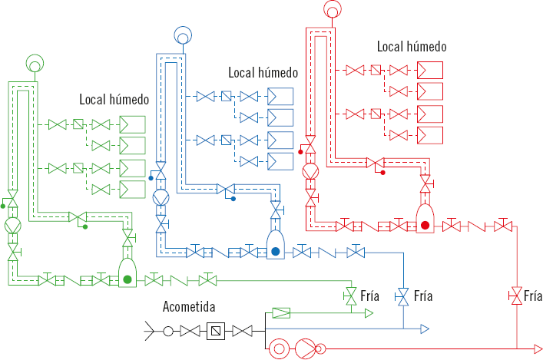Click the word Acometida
(188, 307)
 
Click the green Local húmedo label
(114, 100)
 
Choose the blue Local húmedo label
(263, 72)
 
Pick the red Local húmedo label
(412, 46)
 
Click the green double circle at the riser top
(35, 62)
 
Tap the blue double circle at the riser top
(184, 35)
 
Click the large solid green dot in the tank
(127, 279)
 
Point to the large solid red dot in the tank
(425, 225)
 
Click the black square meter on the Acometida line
(215, 331)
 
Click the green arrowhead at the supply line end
(369, 312)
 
